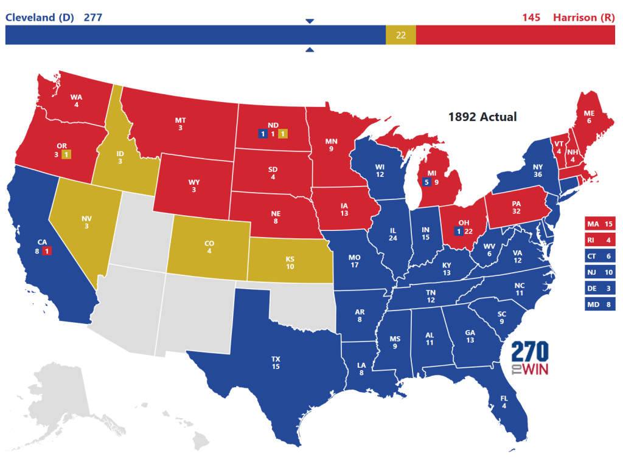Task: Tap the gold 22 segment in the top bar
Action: pyautogui.click(x=400, y=35)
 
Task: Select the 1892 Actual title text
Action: pyautogui.click(x=482, y=116)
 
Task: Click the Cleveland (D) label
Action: pyautogui.click(x=40, y=17)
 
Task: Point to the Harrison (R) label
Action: pyautogui.click(x=583, y=17)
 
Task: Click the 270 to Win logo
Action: pyautogui.click(x=529, y=359)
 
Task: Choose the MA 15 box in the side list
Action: pyautogui.click(x=600, y=224)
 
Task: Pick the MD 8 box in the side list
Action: pyautogui.click(x=600, y=304)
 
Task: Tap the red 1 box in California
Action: pyautogui.click(x=47, y=250)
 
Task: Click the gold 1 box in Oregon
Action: pyautogui.click(x=66, y=154)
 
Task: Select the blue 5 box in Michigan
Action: pyautogui.click(x=427, y=181)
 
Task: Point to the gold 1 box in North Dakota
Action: pyautogui.click(x=283, y=134)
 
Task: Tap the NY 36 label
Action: pyautogui.click(x=537, y=171)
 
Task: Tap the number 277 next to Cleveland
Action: pyautogui.click(x=92, y=17)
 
